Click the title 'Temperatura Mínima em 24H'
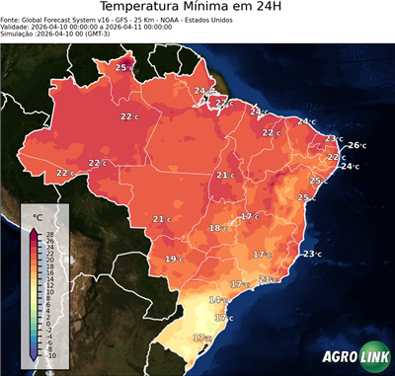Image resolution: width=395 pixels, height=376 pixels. pos(197,9)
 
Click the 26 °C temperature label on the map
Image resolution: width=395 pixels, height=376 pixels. pos(355,146)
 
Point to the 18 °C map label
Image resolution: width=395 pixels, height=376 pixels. pos(216,228)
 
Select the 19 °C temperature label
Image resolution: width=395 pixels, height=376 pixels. pos(173,259)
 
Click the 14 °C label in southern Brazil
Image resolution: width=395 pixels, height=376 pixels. pos(216,299)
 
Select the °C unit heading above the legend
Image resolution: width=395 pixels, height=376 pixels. pos(38,217)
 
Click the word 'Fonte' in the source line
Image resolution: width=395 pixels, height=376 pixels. pos(12,23)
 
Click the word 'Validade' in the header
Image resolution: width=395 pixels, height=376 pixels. pos(16,32)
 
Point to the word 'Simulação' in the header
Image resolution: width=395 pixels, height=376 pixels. pos(18,40)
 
